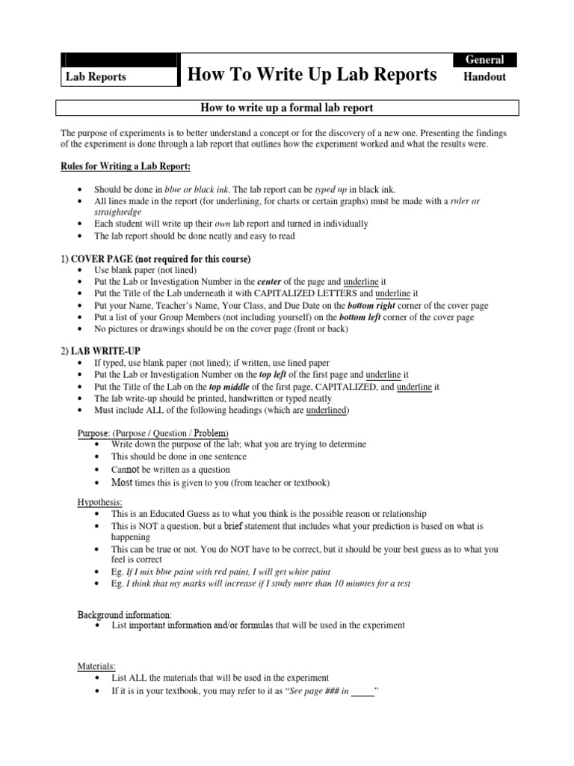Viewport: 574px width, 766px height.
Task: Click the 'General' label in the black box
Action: point(485,60)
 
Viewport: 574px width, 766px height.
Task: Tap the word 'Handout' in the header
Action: point(485,76)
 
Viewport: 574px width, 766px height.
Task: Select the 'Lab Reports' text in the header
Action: point(96,77)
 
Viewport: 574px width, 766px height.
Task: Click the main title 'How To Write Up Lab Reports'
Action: point(312,74)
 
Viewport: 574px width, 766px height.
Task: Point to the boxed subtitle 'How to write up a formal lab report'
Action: point(288,108)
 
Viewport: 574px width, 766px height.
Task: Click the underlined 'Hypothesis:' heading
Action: point(100,502)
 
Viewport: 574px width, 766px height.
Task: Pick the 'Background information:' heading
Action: point(124,614)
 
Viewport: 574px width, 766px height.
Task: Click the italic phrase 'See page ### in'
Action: point(315,691)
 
